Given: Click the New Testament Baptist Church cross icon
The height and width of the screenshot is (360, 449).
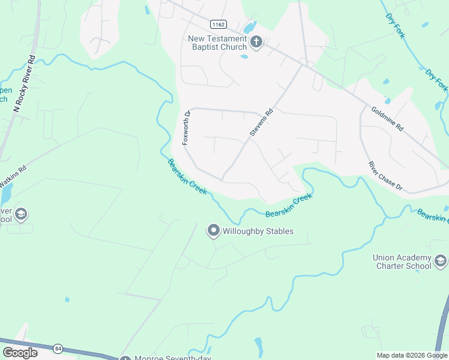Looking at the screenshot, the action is coord(256,43).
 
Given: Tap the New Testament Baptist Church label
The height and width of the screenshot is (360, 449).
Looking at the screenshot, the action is coord(217,43).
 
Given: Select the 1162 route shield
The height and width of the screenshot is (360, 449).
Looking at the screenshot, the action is coord(217,24).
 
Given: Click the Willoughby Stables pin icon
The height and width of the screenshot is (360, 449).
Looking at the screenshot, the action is coord(213,230).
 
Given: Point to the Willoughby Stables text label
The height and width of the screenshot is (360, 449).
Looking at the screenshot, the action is coord(258,231).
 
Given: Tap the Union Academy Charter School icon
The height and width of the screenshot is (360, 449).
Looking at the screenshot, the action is coord(441,261).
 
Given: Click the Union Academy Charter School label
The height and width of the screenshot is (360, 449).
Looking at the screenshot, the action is coord(402,262).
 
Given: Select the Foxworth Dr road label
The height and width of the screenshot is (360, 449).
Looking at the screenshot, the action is coord(186,127).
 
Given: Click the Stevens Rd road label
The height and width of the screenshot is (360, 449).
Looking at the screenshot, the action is coord(261,122).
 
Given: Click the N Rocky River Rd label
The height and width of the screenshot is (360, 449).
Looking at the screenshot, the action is coord(25,85).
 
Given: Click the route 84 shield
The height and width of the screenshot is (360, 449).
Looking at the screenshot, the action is coord(58,348).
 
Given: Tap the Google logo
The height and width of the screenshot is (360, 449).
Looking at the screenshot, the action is coord(20,353).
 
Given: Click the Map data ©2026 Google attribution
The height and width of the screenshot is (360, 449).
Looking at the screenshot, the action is coord(412,355).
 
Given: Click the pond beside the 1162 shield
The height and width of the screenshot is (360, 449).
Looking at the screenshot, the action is coord(249,28).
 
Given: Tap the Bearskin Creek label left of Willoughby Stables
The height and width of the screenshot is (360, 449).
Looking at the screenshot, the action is coord(187,176).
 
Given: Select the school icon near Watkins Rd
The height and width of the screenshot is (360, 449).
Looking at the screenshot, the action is coord(21,214).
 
